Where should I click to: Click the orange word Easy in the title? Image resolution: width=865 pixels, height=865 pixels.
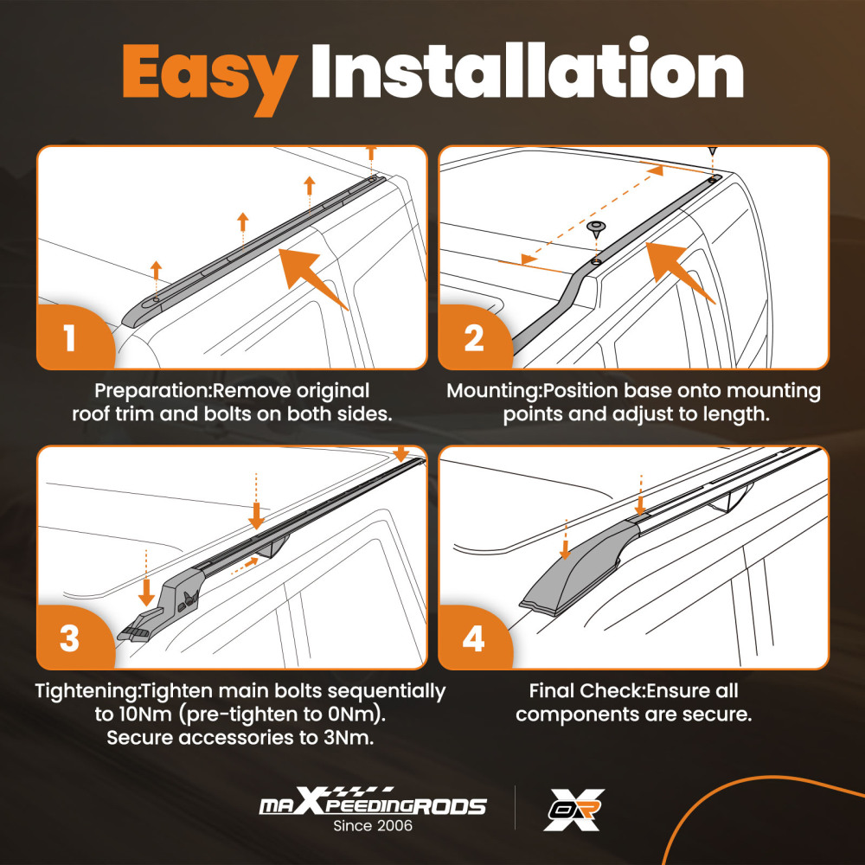210,77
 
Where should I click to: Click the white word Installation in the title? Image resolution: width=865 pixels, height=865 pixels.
528,69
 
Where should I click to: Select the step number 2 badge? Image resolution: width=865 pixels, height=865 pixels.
474,337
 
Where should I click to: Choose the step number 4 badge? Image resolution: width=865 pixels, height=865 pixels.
474,638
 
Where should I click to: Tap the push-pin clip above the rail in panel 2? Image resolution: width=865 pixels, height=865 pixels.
596,229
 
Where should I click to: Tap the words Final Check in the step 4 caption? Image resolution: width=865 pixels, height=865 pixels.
586,690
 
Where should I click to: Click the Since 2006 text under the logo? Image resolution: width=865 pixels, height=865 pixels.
372,826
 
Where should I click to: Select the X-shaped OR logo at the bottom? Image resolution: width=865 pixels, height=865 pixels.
573,810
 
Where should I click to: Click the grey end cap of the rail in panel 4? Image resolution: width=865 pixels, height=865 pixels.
580,567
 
